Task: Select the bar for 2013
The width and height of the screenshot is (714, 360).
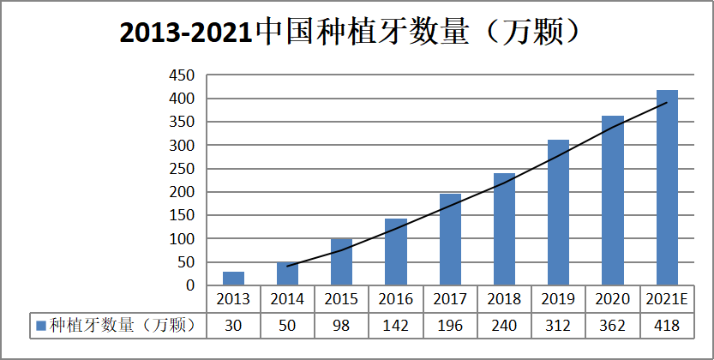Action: [x=233, y=278]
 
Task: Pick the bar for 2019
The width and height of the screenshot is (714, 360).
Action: [x=558, y=213]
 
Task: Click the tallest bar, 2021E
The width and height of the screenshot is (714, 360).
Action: [x=667, y=188]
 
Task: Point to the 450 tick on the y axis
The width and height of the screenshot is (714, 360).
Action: [x=183, y=75]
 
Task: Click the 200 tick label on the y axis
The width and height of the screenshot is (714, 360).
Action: [x=183, y=192]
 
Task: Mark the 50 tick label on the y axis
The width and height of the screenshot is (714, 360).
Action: [x=187, y=262]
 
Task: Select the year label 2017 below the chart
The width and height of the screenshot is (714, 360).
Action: [x=450, y=299]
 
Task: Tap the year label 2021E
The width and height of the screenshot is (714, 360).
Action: [x=667, y=299]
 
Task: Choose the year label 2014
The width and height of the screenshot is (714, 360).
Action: [x=287, y=299]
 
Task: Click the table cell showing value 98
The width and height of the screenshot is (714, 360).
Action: [x=341, y=325]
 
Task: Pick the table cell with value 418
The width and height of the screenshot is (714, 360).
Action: [x=667, y=325]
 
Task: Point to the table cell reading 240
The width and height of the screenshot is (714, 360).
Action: [x=504, y=325]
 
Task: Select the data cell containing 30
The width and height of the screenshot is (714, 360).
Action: [x=233, y=325]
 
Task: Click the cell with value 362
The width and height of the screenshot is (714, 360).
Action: [x=613, y=325]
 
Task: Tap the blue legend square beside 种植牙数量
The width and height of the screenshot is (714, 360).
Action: [x=40, y=326]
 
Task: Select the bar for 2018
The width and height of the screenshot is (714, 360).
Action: [x=504, y=229]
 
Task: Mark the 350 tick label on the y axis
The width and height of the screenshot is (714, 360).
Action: [x=183, y=123]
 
